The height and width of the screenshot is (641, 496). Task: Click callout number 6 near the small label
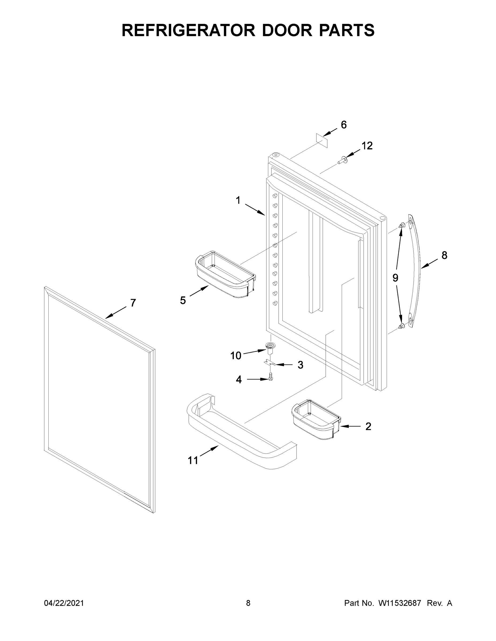(344, 125)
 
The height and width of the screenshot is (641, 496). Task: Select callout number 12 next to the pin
(367, 146)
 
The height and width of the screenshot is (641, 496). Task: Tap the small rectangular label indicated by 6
(322, 140)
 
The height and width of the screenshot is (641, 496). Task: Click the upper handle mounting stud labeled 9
(401, 225)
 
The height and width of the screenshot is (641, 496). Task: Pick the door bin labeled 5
(225, 274)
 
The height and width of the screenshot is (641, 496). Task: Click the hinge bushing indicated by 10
(268, 347)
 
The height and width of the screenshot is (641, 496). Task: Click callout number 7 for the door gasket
(133, 303)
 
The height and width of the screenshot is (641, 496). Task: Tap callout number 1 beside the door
(238, 201)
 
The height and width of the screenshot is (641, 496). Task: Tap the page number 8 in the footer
(248, 603)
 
